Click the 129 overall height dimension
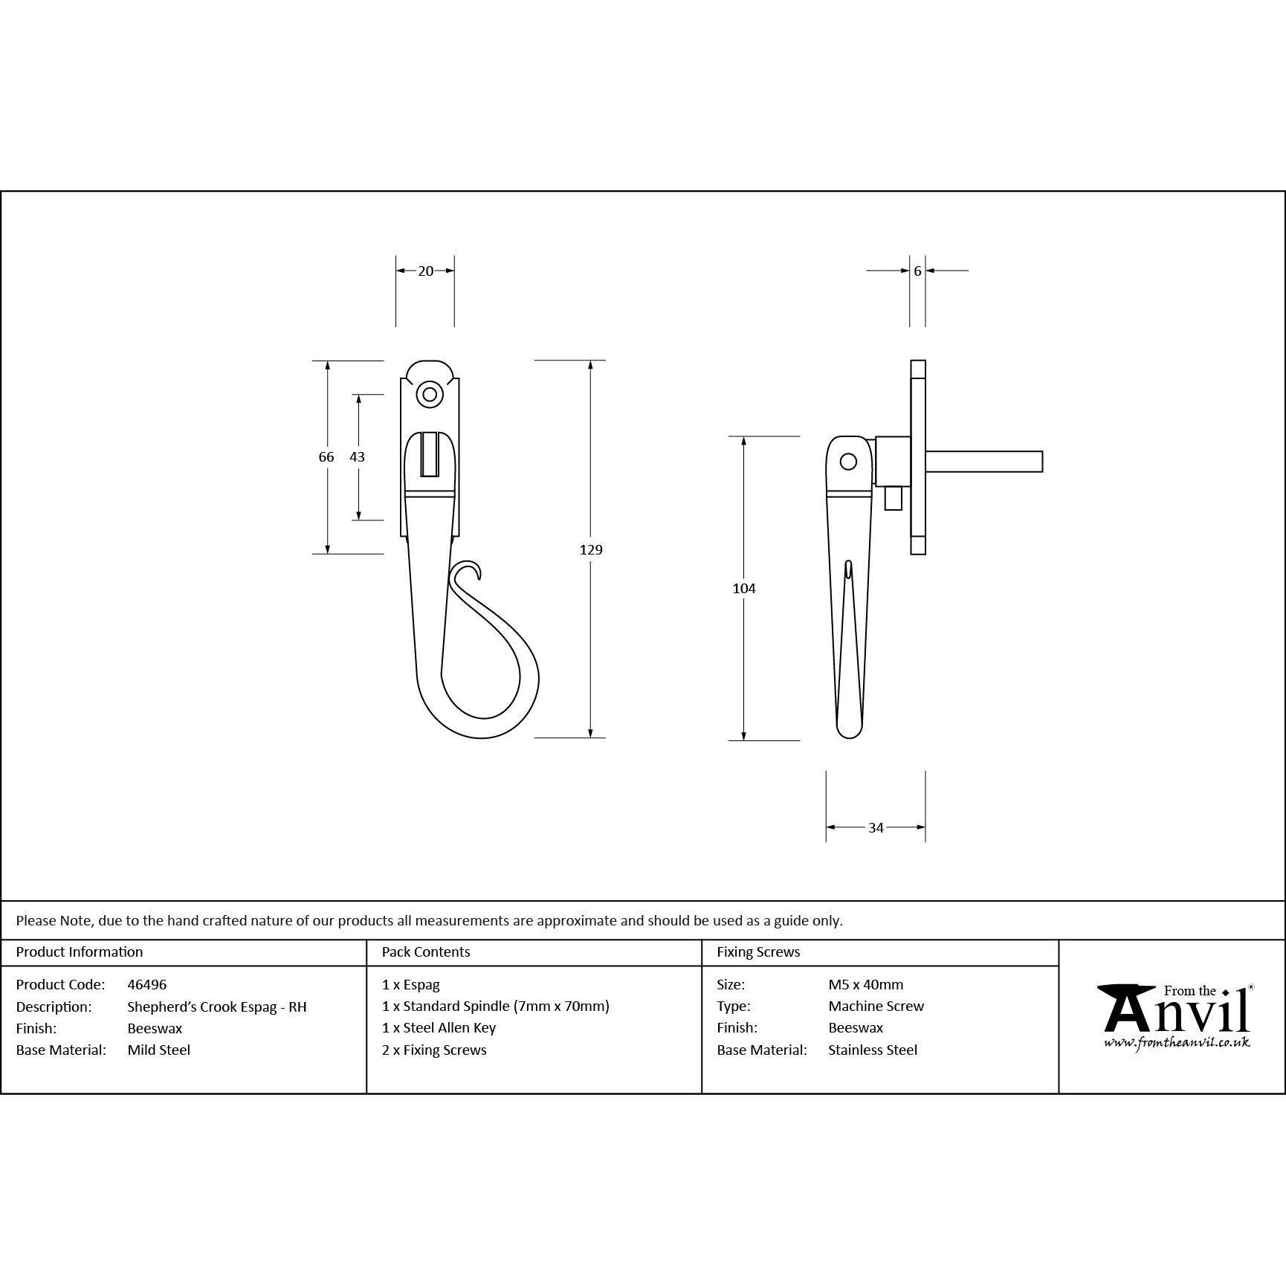pyautogui.click(x=591, y=549)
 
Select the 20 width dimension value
pyautogui.click(x=425, y=271)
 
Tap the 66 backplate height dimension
pyautogui.click(x=326, y=457)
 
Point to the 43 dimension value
pyautogui.click(x=358, y=457)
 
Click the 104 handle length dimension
pyautogui.click(x=744, y=589)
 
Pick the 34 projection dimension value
pyautogui.click(x=876, y=827)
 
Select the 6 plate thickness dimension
pyautogui.click(x=917, y=271)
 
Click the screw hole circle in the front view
pyautogui.click(x=429, y=394)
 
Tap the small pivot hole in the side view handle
pyautogui.click(x=848, y=462)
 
